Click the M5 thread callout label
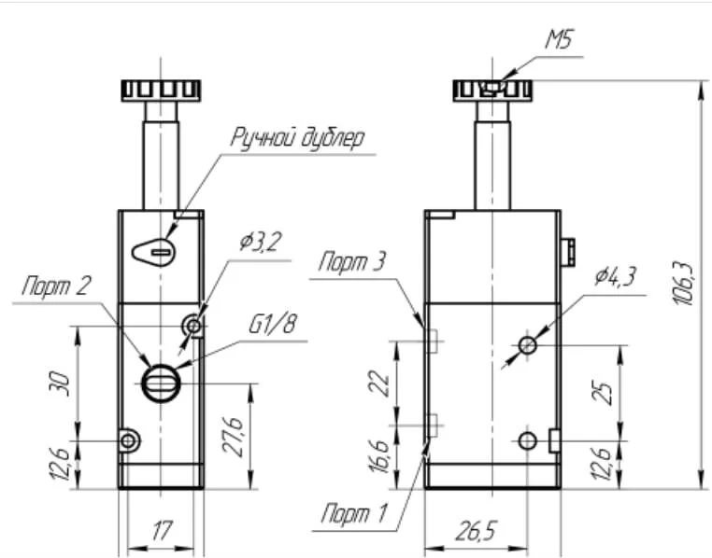click(559, 40)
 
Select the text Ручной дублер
click(298, 138)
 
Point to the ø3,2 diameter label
click(260, 243)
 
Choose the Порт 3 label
click(352, 262)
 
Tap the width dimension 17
click(162, 533)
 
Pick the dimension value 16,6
click(377, 457)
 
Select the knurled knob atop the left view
click(161, 91)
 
